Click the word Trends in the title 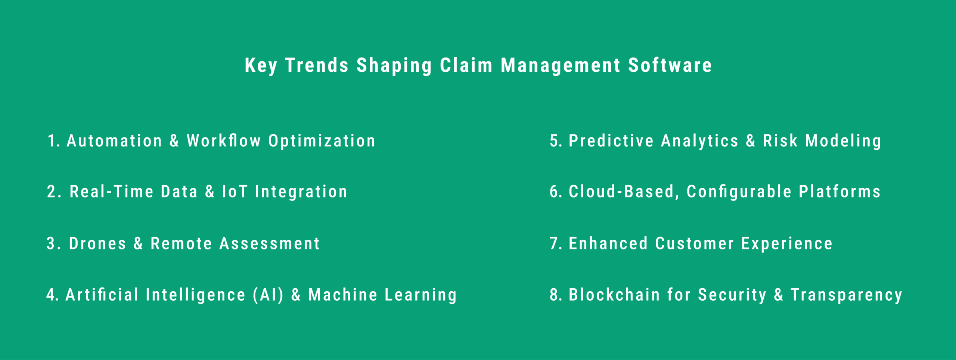coord(317,65)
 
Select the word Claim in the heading coord(466,65)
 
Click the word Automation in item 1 coord(114,141)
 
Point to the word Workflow coord(224,141)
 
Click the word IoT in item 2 coord(235,192)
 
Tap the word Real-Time coord(111,192)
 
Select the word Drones coord(97,243)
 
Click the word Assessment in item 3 coord(270,243)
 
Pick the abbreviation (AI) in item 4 coord(268,295)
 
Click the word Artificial coord(102,295)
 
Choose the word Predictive coord(611,141)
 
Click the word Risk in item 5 coord(780,141)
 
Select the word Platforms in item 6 coord(839,192)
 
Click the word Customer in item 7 coord(695,243)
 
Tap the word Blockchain coord(614,295)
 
